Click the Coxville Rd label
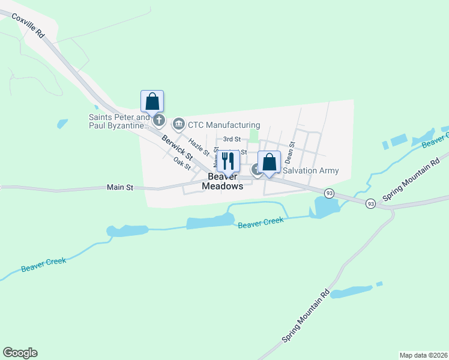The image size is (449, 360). [28, 23]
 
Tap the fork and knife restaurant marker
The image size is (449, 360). [228, 161]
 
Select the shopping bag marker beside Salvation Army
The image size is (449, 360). [270, 162]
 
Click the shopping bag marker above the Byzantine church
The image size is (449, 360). [152, 101]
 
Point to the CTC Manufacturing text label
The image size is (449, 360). [224, 125]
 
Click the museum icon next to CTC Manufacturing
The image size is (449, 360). [178, 124]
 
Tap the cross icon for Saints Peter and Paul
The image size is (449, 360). [159, 121]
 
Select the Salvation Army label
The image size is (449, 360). [310, 170]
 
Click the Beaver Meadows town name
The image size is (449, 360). [225, 181]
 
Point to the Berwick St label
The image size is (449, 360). [176, 148]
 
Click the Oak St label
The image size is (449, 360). [181, 161]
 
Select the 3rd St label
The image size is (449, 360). [232, 139]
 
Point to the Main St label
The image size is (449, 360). [119, 187]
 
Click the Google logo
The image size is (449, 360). [20, 353]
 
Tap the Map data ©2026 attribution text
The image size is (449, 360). [423, 355]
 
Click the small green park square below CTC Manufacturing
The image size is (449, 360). [253, 136]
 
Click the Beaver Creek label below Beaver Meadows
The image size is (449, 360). [260, 223]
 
